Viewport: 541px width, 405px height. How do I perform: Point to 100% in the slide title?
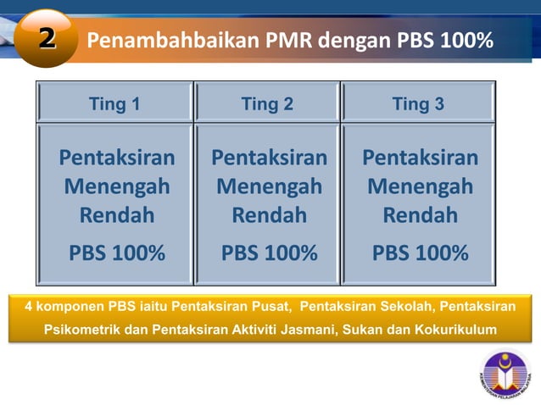466,41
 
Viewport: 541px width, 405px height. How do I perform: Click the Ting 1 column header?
114,104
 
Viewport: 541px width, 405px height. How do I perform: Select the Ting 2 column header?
267,104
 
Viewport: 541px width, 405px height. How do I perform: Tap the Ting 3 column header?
418,104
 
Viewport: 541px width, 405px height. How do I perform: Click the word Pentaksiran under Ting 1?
117,158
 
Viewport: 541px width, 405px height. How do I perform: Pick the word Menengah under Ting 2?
269,186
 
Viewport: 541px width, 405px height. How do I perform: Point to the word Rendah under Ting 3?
420,215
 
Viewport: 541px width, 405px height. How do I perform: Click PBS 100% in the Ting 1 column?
117,252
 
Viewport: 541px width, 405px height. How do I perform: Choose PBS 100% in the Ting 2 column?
269,252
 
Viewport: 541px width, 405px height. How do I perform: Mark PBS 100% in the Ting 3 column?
420,252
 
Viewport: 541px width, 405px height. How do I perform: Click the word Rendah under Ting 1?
117,215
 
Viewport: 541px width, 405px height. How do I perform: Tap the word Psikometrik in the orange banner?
81,330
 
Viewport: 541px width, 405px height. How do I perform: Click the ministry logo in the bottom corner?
506,373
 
